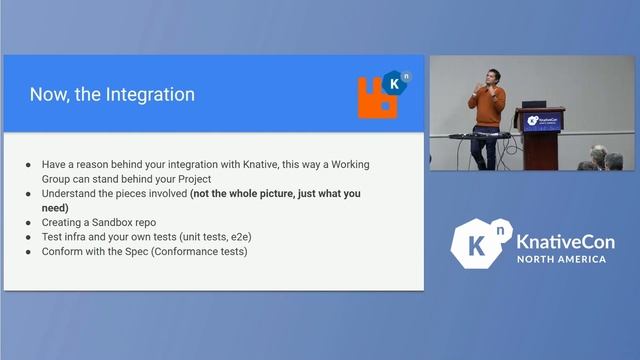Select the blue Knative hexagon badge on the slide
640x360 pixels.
[x=394, y=84]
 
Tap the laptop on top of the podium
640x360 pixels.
[x=534, y=103]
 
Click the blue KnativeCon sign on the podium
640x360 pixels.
[x=544, y=121]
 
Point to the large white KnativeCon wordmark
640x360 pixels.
[x=566, y=241]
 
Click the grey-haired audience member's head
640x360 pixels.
[x=599, y=155]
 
